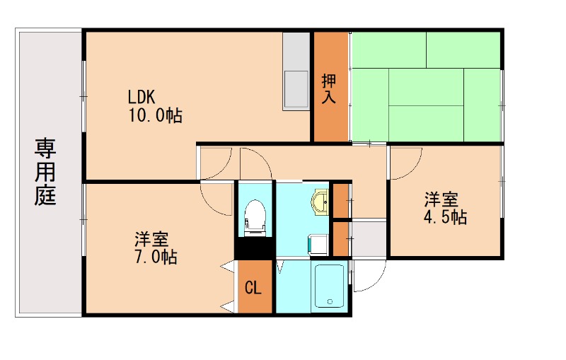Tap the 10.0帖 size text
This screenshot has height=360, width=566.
point(154,115)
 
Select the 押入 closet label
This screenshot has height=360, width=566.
point(329,88)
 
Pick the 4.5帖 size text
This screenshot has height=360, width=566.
point(444,216)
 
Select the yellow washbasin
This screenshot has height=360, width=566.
point(320,201)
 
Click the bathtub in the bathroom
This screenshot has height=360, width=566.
point(328,286)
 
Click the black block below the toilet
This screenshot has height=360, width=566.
point(254,248)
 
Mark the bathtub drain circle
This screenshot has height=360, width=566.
point(329,301)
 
